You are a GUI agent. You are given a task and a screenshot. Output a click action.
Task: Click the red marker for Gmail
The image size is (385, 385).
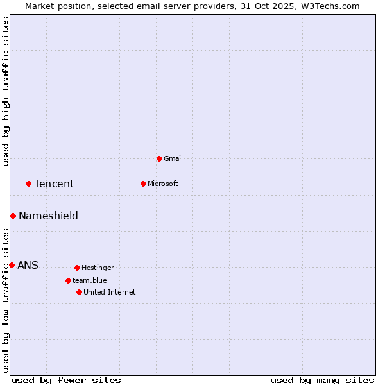click(160, 158)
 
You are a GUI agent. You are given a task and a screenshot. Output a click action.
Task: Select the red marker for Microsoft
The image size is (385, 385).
click(144, 184)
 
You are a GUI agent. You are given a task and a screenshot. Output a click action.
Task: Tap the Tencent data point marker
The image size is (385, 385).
click(28, 184)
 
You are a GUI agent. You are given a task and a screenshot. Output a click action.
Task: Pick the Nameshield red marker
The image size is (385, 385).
click(13, 216)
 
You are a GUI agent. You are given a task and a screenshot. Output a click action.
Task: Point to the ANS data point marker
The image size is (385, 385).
click(12, 265)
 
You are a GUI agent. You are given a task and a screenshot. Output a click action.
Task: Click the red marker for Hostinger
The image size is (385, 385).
click(77, 268)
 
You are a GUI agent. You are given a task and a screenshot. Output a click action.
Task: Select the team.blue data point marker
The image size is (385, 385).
click(68, 280)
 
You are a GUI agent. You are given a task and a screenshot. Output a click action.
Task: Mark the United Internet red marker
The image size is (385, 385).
click(79, 292)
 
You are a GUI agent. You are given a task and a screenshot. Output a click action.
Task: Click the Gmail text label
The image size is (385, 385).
click(173, 158)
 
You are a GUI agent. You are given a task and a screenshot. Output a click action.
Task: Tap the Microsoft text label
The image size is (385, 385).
click(163, 184)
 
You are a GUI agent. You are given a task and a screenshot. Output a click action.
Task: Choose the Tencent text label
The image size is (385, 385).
click(54, 184)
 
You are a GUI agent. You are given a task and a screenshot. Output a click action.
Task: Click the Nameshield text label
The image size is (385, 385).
click(48, 216)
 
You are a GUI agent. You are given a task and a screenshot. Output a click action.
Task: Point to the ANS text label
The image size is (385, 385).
click(28, 266)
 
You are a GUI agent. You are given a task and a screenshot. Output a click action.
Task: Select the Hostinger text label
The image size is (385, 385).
click(98, 268)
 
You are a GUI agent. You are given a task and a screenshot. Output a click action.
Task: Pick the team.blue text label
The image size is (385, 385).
click(90, 280)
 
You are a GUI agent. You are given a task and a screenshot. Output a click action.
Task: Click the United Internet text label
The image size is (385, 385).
click(110, 292)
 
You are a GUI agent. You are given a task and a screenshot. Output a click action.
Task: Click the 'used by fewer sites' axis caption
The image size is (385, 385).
click(66, 381)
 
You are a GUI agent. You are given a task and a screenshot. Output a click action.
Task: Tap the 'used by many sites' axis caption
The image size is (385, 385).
click(322, 381)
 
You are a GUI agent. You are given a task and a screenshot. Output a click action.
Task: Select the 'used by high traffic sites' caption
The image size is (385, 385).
click(6, 91)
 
